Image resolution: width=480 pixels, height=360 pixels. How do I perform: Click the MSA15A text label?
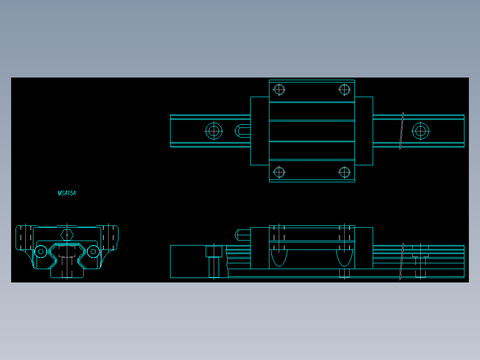pos(67,193)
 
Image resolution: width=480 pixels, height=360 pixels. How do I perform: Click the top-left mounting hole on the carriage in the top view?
pos(279,90)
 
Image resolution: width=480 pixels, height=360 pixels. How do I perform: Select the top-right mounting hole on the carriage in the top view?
pos(344,90)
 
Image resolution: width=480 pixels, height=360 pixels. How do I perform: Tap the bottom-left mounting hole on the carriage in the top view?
pos(279,172)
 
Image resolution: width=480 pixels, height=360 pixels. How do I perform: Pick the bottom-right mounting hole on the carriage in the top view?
pos(344,172)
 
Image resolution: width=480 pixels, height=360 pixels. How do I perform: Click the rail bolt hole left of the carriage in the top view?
pos(214,131)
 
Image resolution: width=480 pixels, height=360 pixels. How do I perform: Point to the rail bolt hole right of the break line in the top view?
pos(420,131)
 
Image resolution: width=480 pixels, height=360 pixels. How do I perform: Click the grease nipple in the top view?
pos(242,131)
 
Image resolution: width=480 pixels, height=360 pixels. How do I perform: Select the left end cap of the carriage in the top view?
pos(259,131)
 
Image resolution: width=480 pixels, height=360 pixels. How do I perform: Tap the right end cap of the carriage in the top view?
pos(364,131)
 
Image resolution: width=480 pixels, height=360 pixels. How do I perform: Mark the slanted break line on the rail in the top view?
pos(402,131)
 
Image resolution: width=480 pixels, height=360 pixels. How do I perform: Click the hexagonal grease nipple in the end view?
pos(67,234)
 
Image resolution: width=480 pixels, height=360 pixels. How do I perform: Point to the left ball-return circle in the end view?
pos(41,252)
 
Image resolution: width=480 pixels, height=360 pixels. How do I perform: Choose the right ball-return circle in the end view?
pos(93,252)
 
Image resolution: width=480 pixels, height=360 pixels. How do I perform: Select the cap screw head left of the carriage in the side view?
pos(214,252)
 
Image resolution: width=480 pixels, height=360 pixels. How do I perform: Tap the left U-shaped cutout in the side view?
pos(279,258)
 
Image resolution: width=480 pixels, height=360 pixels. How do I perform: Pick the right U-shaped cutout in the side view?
pos(344,258)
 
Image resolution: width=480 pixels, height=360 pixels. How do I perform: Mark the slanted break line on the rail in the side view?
pos(402,262)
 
